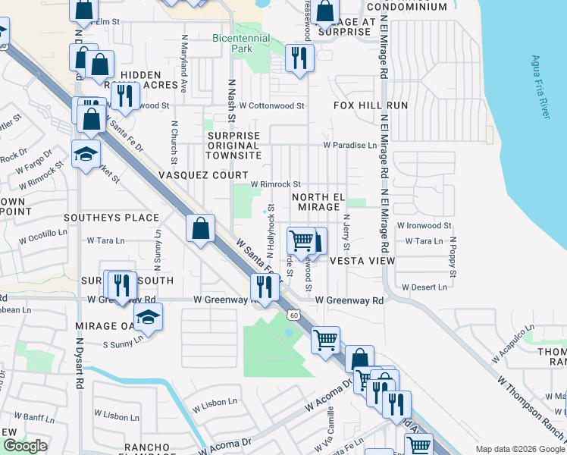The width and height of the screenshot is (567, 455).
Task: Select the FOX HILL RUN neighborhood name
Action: (371, 105)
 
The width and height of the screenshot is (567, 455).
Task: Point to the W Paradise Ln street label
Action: (349, 145)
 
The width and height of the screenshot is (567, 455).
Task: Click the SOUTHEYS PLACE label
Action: (111, 218)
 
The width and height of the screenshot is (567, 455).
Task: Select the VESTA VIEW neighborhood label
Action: (362, 260)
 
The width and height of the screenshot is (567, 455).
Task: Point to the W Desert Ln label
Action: (424, 287)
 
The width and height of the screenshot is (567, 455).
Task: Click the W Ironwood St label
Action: (424, 225)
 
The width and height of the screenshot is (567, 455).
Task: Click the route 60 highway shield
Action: (293, 314)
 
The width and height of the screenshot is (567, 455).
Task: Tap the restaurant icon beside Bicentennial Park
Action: (299, 57)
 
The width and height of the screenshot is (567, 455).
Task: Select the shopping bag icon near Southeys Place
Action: (200, 228)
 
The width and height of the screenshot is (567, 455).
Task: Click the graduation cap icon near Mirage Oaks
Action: (148, 317)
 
